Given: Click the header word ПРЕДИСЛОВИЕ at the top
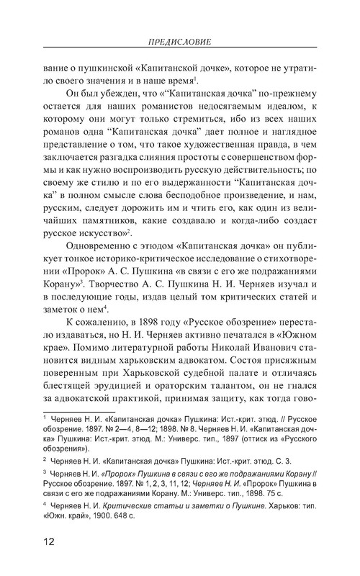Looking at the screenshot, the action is click(x=179, y=41).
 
